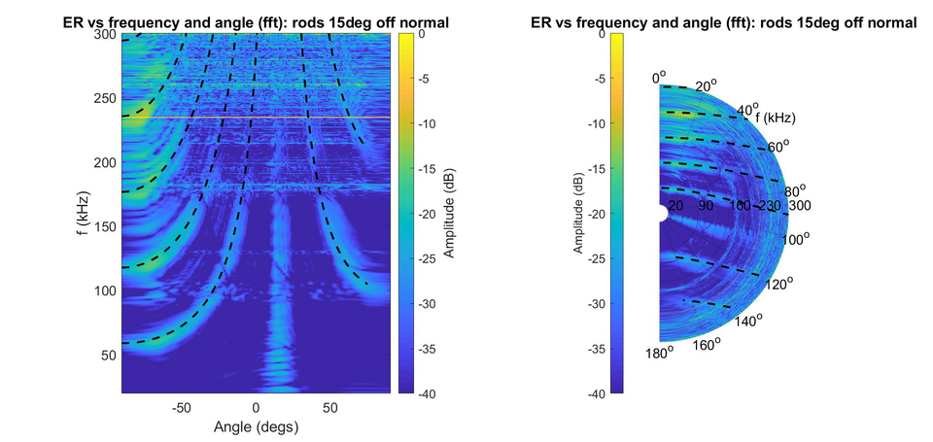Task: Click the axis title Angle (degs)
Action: [x=257, y=425]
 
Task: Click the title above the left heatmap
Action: [x=257, y=22]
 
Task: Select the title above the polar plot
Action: [x=730, y=22]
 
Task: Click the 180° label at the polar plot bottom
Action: [x=659, y=353]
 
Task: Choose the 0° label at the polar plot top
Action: [x=659, y=76]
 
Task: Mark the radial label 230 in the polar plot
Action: [x=770, y=206]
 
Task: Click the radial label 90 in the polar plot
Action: [x=707, y=206]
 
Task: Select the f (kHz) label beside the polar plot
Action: [x=776, y=118]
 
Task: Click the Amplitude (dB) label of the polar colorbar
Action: [x=576, y=214]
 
